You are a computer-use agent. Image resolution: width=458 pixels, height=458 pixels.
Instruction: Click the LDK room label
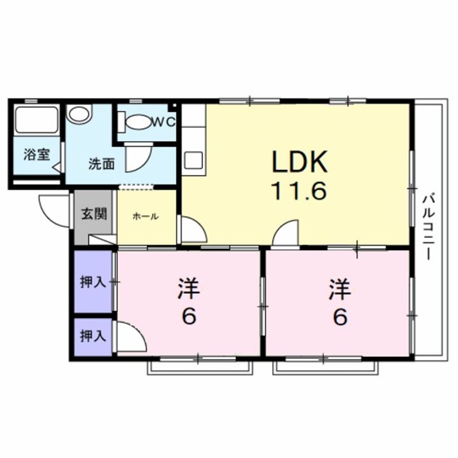[300, 163]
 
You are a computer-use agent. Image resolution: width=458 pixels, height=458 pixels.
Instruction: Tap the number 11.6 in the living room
[301, 190]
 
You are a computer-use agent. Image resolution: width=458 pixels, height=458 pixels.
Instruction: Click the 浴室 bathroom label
[36, 155]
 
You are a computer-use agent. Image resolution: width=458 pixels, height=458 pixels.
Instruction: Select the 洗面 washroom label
[101, 163]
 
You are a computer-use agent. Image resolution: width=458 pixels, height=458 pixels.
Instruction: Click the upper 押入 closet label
[93, 281]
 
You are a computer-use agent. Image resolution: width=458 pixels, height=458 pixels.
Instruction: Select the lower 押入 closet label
[93, 335]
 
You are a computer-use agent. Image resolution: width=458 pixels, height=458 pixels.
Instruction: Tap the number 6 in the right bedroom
[341, 317]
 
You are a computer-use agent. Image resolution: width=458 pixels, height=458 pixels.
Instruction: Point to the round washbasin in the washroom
[80, 114]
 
